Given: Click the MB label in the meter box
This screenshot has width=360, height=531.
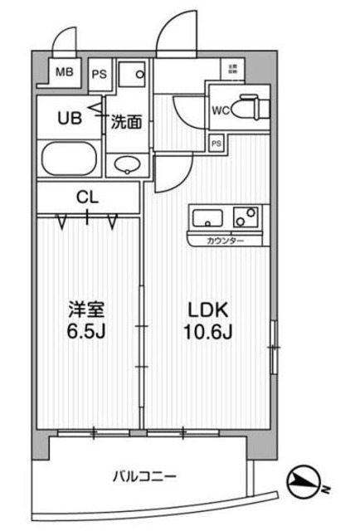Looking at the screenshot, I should pyautogui.click(x=64, y=72).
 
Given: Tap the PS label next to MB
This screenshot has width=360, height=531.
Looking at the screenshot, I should pyautogui.click(x=99, y=72).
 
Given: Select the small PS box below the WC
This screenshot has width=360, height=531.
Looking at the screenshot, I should pyautogui.click(x=216, y=143).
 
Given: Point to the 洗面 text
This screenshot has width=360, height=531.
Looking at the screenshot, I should pyautogui.click(x=127, y=121).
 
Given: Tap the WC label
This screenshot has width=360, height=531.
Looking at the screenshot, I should pyautogui.click(x=221, y=108).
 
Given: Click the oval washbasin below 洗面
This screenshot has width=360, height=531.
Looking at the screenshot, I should pyautogui.click(x=127, y=164).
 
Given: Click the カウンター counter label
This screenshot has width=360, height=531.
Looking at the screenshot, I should pyautogui.click(x=226, y=241).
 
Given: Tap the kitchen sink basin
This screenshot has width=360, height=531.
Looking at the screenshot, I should pyautogui.click(x=207, y=221).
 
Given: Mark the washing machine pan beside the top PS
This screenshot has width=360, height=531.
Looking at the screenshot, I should pyautogui.click(x=131, y=76).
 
